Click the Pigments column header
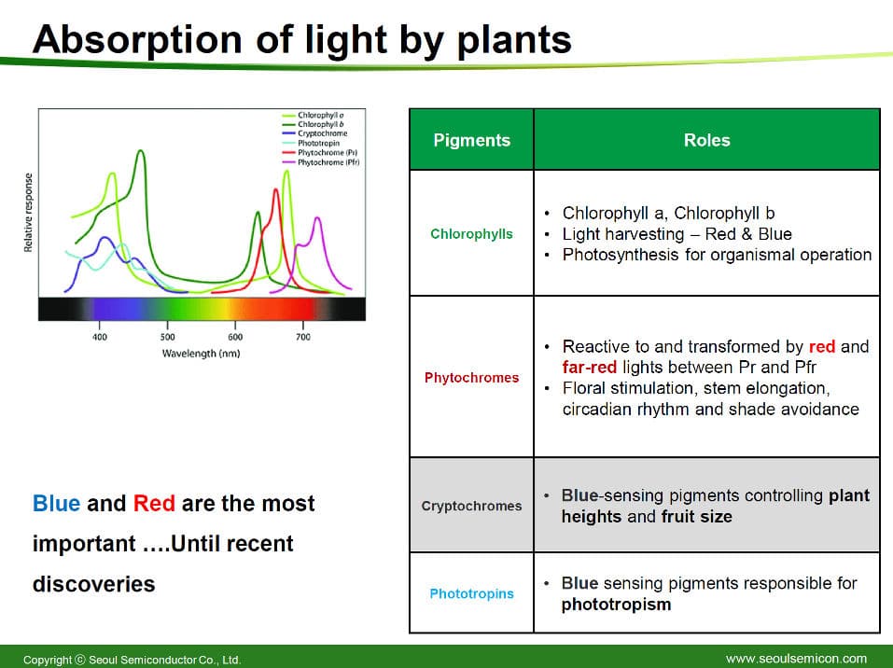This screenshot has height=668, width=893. [x=471, y=140]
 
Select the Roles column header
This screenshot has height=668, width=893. [x=706, y=140]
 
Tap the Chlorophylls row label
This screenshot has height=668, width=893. [x=471, y=234]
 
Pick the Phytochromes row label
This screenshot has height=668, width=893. [x=471, y=378]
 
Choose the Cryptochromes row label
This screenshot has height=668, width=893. [x=471, y=506]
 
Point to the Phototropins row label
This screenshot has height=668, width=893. [x=471, y=593]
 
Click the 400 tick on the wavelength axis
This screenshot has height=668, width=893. [x=100, y=337]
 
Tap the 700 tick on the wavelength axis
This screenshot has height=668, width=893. [x=303, y=337]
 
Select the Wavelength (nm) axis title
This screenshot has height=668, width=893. [x=201, y=354]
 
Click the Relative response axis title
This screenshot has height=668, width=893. [x=28, y=213]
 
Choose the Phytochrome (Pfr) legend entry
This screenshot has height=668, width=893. [x=321, y=162]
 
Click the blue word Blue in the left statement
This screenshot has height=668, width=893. [x=56, y=504]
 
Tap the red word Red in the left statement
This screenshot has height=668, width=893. [x=154, y=504]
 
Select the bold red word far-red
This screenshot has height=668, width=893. [x=590, y=368]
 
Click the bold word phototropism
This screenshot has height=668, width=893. [x=616, y=605]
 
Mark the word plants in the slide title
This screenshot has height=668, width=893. [x=514, y=40]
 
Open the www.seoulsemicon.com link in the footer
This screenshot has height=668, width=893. [x=796, y=659]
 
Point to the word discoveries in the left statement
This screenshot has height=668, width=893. [x=94, y=584]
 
